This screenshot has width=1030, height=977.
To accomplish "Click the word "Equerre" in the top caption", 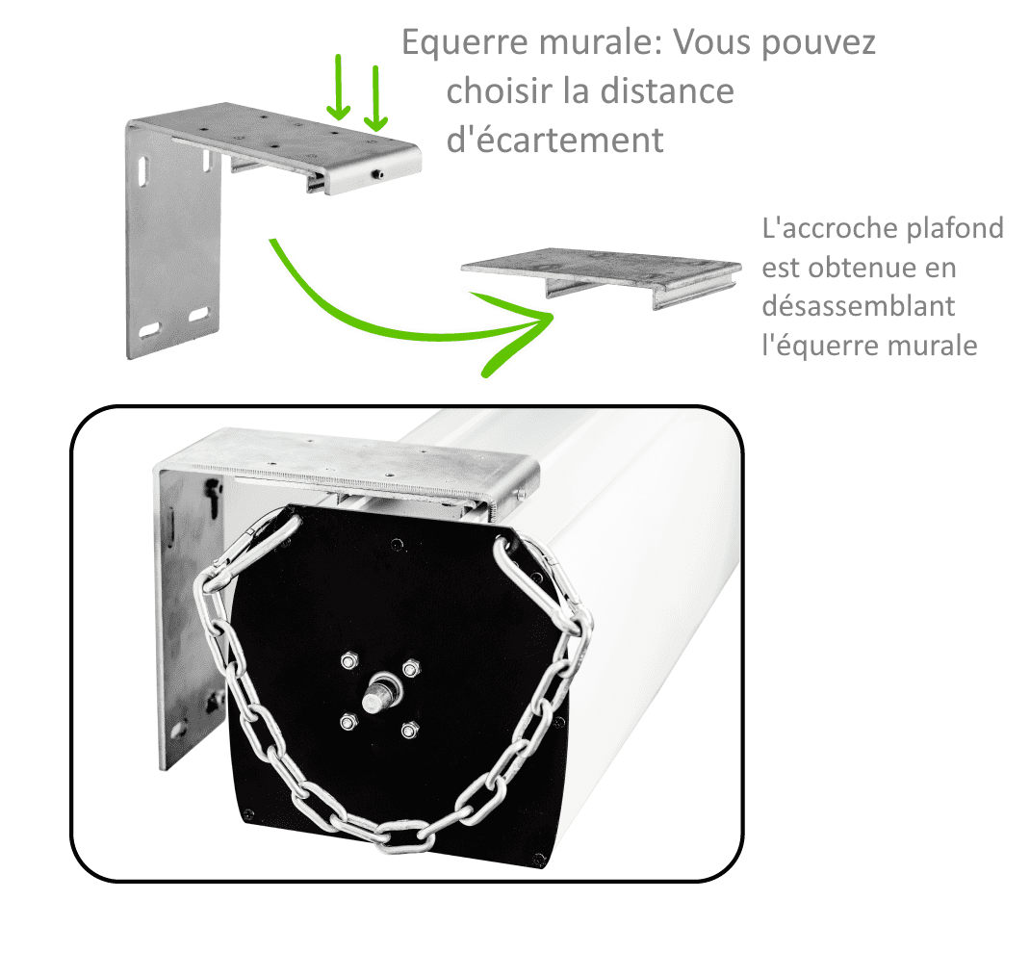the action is pyautogui.click(x=465, y=43).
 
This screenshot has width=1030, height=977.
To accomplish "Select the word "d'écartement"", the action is pyautogui.click(x=555, y=140).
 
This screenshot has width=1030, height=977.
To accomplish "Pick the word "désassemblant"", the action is pyautogui.click(x=859, y=305).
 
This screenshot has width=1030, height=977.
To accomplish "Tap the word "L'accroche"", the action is pyautogui.click(x=829, y=228).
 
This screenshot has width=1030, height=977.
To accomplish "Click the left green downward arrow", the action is pyautogui.click(x=338, y=88).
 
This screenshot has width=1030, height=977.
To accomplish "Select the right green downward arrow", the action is pyautogui.click(x=375, y=98).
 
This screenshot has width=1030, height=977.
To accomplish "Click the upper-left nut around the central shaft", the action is pyautogui.click(x=349, y=659).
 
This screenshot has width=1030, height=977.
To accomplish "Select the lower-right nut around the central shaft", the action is pyautogui.click(x=409, y=730).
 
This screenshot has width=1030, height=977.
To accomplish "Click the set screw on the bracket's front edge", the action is pyautogui.click(x=378, y=174).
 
